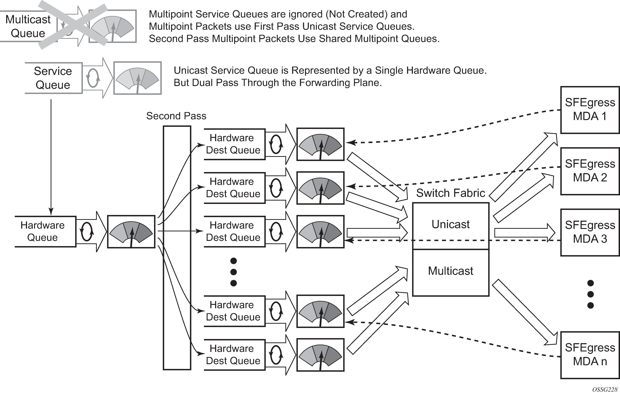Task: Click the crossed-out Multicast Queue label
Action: point(28,26)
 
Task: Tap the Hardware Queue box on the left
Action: point(43,231)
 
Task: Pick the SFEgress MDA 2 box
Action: point(590,171)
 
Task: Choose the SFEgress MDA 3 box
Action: point(590,232)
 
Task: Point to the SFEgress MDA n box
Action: point(590,355)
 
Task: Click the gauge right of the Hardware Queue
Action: point(131,232)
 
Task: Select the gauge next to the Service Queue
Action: point(137,78)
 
